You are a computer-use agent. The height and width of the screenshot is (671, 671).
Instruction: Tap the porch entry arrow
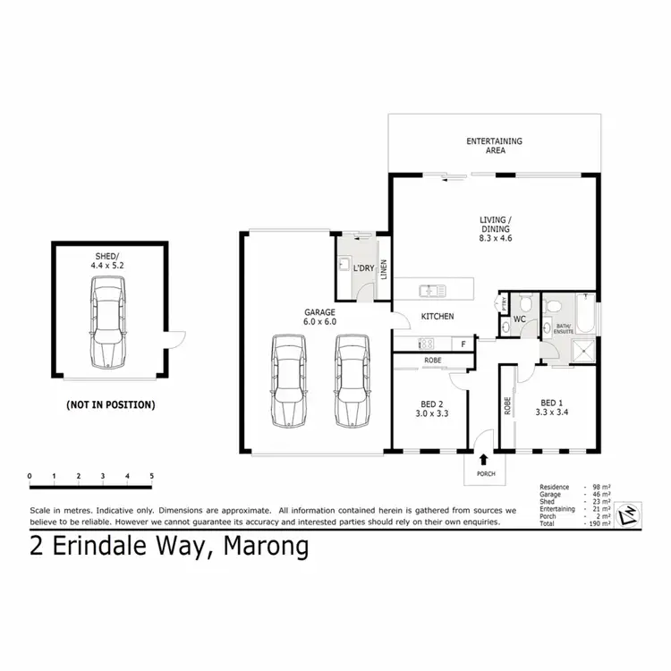(484, 459)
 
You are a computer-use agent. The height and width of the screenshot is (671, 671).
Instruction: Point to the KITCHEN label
(438, 317)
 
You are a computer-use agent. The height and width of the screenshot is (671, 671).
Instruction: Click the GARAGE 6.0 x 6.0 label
(319, 317)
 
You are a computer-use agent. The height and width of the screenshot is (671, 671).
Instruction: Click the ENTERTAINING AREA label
(494, 146)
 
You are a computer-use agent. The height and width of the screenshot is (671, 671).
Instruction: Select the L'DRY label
(363, 268)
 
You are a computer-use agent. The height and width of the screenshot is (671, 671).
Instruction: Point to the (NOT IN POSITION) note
(110, 404)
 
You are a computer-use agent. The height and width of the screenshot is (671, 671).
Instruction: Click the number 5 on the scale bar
(152, 475)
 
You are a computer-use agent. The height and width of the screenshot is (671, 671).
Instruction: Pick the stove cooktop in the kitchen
(426, 344)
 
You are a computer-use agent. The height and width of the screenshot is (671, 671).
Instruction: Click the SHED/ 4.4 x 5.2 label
(107, 260)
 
